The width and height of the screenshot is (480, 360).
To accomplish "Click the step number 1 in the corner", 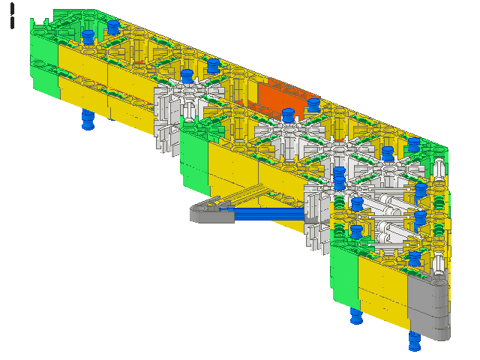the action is coord(12,16).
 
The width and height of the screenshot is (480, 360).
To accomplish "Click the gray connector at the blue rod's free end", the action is coord(211,211).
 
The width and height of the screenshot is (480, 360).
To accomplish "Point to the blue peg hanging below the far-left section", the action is coord(88,119).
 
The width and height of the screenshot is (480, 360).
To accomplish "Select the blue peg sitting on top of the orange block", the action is coord(313,105).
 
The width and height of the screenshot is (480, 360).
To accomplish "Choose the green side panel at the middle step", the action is coord(195,162).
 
